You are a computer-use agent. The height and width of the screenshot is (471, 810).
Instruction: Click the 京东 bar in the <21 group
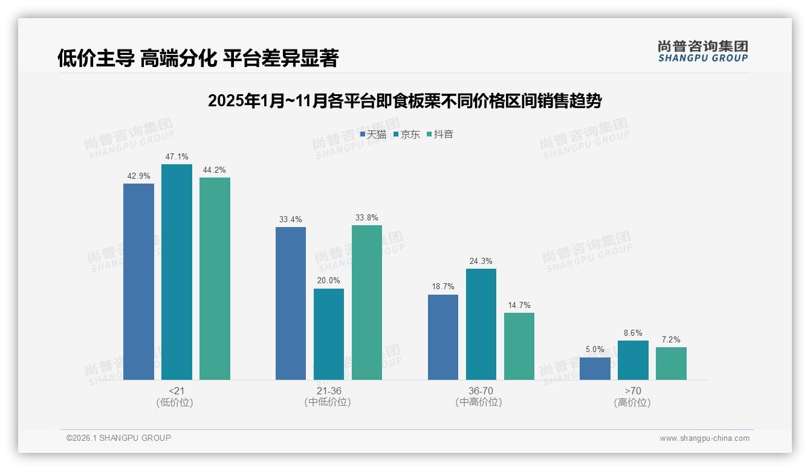177,272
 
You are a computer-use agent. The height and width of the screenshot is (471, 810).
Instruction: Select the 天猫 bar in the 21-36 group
291,303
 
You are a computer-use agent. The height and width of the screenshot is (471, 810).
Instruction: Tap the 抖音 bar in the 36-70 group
519,346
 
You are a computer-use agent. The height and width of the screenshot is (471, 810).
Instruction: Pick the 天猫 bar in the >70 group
595,368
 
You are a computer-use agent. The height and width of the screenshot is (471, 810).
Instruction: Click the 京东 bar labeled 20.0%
329,334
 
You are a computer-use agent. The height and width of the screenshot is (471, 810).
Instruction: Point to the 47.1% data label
177,157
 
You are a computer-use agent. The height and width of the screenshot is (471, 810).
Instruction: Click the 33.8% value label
367,218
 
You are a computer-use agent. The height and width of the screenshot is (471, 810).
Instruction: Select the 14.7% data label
519,306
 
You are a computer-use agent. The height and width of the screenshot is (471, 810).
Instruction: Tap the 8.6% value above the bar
633,333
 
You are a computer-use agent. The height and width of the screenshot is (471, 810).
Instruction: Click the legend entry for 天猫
373,135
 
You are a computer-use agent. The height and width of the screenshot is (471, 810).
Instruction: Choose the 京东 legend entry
406,135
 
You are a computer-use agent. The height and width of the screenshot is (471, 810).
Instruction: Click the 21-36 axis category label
329,391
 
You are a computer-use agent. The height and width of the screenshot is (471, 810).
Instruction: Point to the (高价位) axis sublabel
632,403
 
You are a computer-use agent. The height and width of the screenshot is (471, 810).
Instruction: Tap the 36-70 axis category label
481,391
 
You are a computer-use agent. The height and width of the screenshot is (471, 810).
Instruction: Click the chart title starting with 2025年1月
404,101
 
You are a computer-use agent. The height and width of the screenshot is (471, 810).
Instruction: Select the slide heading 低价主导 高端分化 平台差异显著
198,58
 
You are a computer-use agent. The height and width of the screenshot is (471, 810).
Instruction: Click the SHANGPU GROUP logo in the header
702,51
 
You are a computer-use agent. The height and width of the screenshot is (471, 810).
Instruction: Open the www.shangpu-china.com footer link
704,438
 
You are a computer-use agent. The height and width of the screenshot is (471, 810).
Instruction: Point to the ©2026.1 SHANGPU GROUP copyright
118,438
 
